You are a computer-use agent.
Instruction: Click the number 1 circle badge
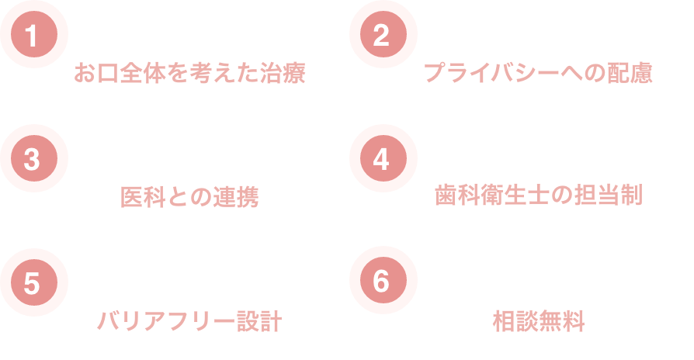click(x=32, y=36)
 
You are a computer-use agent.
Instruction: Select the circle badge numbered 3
click(x=32, y=159)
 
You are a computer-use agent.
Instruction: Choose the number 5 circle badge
click(x=32, y=283)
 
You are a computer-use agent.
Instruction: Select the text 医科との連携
click(x=189, y=197)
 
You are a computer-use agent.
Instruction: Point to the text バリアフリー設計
click(x=189, y=321)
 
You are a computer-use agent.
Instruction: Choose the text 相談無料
click(x=538, y=321)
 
